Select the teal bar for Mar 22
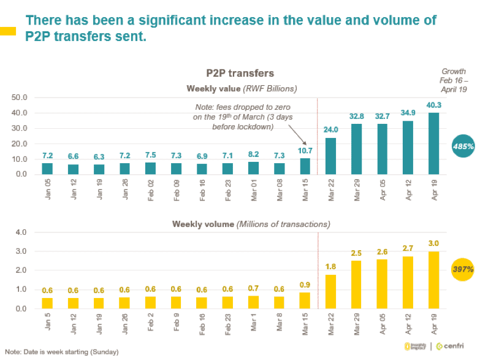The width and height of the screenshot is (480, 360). pyautogui.click(x=332, y=156)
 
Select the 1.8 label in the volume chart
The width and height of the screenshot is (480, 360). pyautogui.click(x=332, y=267)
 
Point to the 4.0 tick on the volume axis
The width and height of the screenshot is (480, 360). pyautogui.click(x=21, y=232)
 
